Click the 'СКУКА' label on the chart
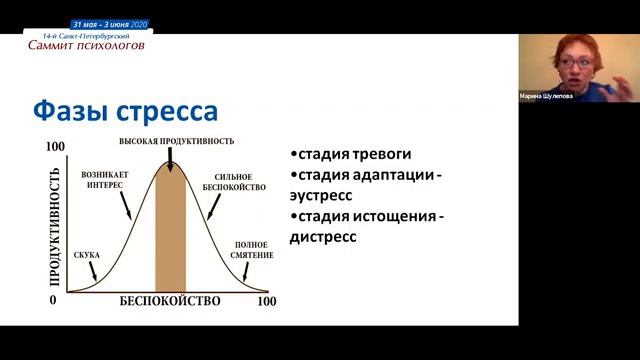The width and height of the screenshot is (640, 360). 86,255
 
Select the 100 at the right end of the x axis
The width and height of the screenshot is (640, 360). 267,301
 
